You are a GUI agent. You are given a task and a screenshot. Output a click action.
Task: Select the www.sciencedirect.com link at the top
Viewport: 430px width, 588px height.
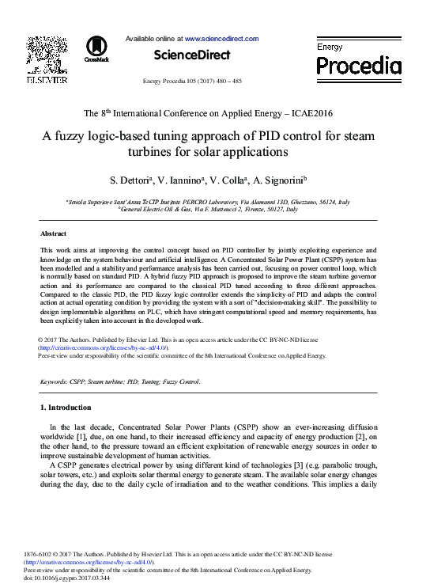coord(221,38)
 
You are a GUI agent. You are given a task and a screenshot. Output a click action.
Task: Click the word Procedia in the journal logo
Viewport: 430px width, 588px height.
coord(359,65)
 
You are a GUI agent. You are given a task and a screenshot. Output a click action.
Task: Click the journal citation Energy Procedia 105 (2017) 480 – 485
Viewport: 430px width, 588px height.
coord(192,82)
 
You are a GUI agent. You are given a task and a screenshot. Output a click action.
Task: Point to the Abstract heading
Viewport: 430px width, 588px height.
coord(54,233)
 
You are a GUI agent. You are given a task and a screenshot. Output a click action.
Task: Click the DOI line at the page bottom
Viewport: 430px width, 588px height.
coord(67,578)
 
